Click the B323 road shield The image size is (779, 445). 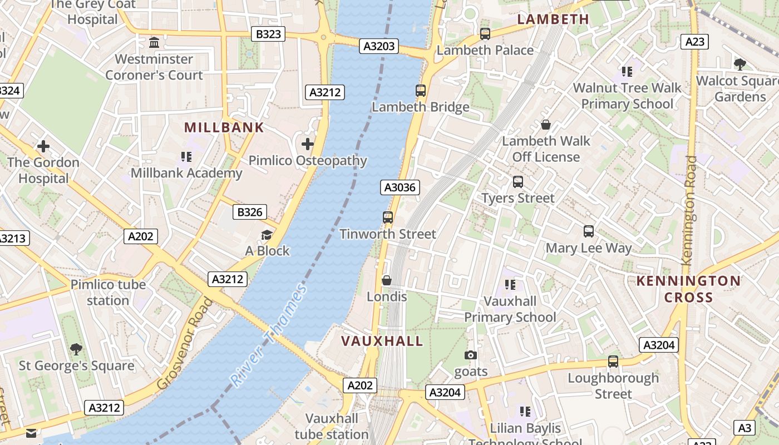(x=268, y=34)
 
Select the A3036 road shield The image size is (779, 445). (x=400, y=187)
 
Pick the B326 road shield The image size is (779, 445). (x=249, y=212)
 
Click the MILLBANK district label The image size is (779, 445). (x=224, y=127)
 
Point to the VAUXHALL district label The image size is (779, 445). (x=382, y=341)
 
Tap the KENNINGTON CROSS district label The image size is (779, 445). (x=688, y=289)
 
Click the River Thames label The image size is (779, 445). (x=269, y=335)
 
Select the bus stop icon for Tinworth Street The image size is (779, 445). (x=388, y=217)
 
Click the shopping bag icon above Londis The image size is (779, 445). (x=387, y=280)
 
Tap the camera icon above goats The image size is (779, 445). (x=471, y=355)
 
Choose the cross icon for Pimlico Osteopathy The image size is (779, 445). (x=308, y=145)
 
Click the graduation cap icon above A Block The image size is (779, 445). (x=267, y=235)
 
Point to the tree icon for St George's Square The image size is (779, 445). (x=76, y=349)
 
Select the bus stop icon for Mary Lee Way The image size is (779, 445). (x=589, y=231)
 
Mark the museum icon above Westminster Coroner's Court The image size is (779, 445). (x=154, y=42)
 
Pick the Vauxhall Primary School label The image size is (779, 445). (x=510, y=309)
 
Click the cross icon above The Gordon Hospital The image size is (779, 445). (x=43, y=146)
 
